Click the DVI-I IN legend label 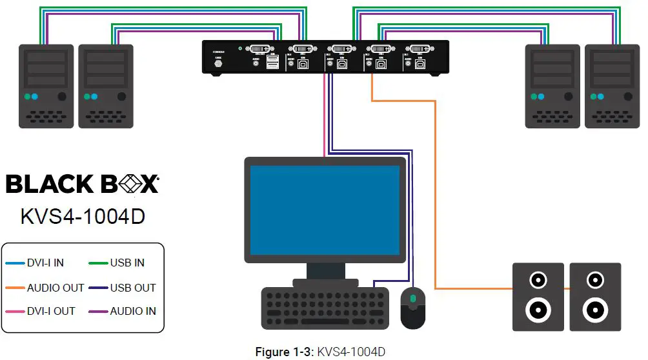point(45,263)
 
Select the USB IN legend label point(127,263)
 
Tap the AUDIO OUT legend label point(56,288)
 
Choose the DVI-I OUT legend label point(51,311)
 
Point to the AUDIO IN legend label point(133,311)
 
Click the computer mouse point(414,307)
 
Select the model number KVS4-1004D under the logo point(82,215)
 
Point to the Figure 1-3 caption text point(320,352)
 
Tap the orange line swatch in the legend point(14,288)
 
